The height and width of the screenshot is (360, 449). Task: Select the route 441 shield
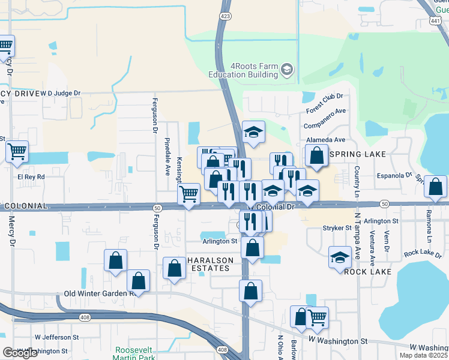point(436,21)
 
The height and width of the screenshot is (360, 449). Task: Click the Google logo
point(20,352)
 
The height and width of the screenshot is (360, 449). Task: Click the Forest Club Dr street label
point(324,102)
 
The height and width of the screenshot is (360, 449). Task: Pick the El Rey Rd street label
point(31,177)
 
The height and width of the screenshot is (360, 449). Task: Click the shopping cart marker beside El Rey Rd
point(17,152)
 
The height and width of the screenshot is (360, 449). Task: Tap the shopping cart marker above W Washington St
point(316,317)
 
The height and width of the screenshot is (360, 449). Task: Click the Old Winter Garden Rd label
point(98,294)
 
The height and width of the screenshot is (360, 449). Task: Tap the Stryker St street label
point(337,228)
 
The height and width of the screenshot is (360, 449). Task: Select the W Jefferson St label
point(58,337)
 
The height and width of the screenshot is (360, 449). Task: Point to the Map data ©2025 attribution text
point(424,355)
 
